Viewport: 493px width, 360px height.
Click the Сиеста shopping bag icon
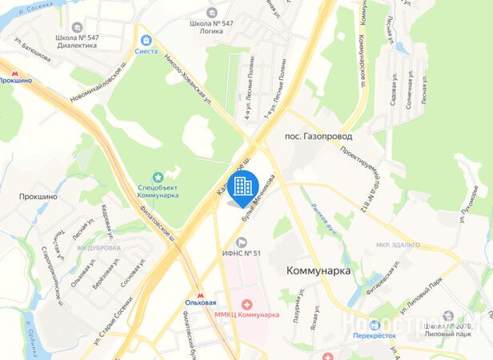[146, 39]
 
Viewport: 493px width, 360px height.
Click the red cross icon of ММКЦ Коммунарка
[246, 304]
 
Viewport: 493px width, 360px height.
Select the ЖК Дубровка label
[98, 248]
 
